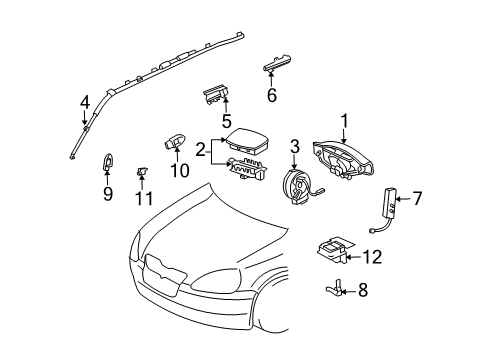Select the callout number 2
(201, 150)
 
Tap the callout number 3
(294, 147)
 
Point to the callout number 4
(85, 101)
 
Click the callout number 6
(271, 96)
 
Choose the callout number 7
(419, 199)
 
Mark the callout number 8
(362, 292)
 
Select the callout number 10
(179, 169)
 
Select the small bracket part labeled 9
(108, 162)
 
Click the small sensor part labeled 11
(143, 174)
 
